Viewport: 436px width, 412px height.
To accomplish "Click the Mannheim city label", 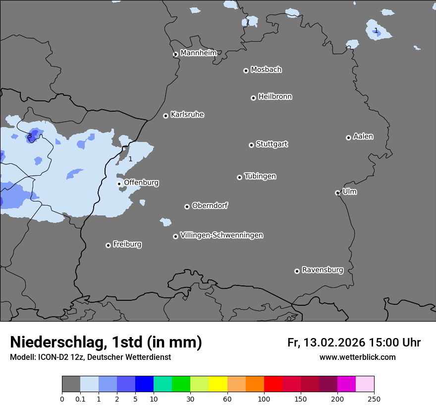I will click(199, 53).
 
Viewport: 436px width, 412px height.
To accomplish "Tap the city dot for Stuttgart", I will click(251, 145).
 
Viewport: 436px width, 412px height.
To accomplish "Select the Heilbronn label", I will click(275, 97).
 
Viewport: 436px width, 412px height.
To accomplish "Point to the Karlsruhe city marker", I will click(165, 116).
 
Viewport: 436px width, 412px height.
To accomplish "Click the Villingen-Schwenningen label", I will click(221, 235).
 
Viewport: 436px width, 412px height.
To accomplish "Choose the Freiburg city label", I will click(127, 244).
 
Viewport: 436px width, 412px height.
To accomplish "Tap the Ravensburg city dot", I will click(297, 271).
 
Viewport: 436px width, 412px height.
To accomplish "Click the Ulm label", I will click(349, 192).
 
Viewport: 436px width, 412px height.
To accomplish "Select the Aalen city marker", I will click(348, 137).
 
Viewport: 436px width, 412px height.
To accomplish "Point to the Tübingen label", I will click(260, 176).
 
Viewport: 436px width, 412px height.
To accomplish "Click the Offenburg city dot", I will click(119, 184).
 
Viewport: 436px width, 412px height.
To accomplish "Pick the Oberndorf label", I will click(210, 206).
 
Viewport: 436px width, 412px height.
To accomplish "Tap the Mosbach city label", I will click(266, 69).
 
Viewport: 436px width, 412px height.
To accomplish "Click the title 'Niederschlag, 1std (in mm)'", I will click(106, 342).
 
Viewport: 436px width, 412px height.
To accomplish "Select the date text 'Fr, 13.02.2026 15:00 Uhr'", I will click(354, 343).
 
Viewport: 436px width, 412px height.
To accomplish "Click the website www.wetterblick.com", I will click(357, 357).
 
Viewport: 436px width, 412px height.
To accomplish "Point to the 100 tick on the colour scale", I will click(264, 398).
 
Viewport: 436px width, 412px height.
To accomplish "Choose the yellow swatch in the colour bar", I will click(218, 384).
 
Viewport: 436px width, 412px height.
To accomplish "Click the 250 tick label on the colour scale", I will click(374, 398).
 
